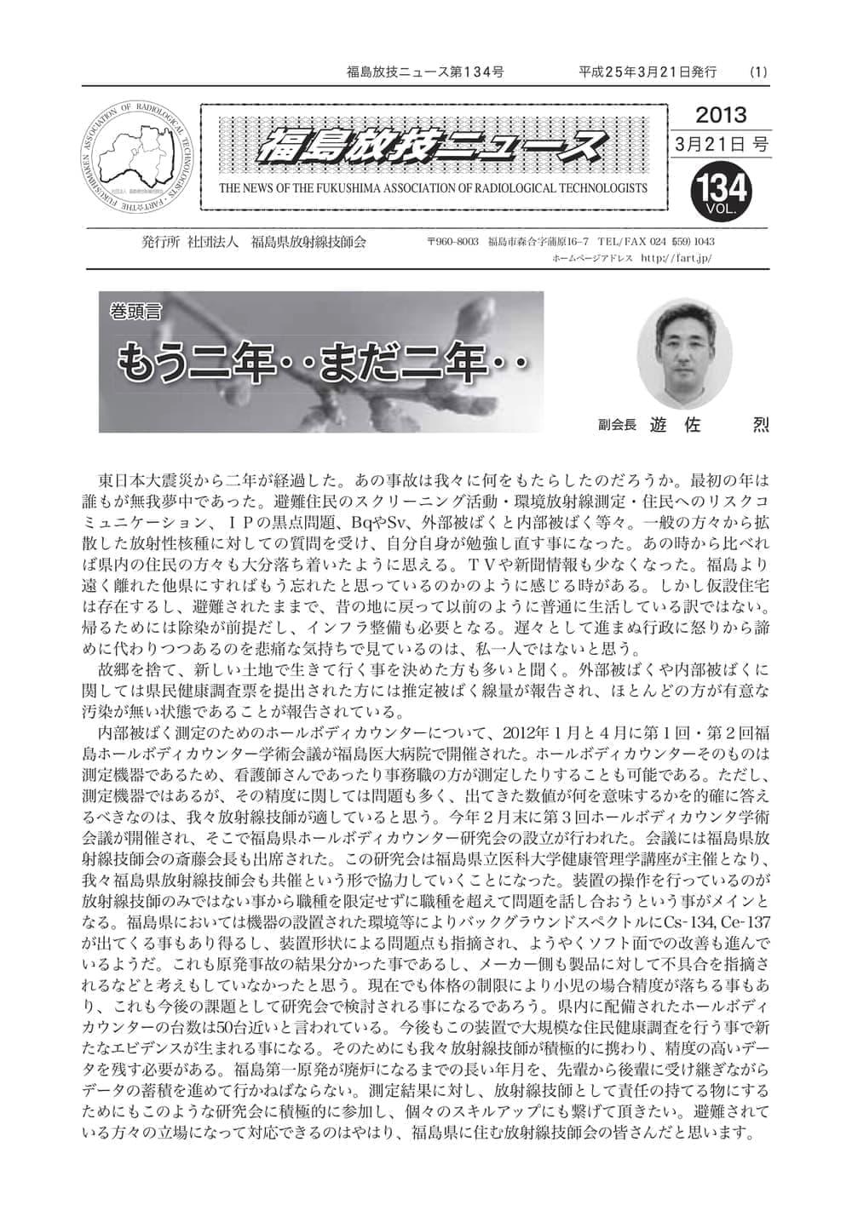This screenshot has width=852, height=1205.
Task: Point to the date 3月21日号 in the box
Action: click(720, 145)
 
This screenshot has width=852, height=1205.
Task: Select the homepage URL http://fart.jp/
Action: click(674, 257)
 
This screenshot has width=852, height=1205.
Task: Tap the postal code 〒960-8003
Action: click(455, 243)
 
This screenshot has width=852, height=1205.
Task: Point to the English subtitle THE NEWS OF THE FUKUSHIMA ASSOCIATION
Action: click(433, 188)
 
